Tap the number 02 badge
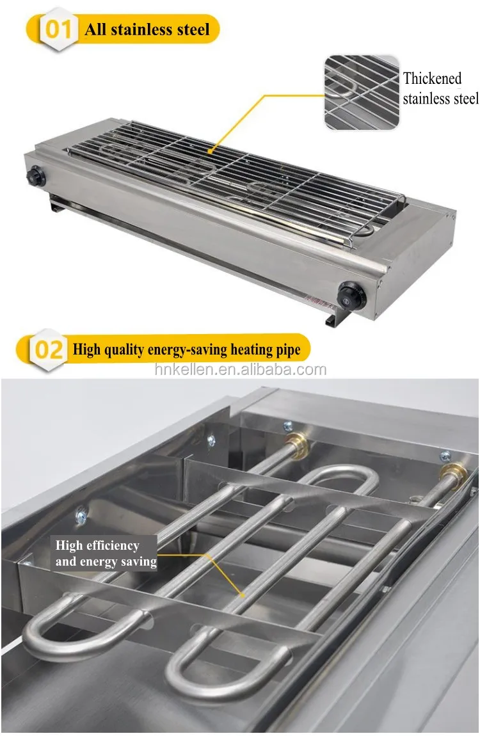click(x=49, y=349)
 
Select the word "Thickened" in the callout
click(x=432, y=79)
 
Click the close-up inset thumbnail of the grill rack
click(x=362, y=92)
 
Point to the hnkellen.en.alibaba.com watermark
click(x=240, y=370)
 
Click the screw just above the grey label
click(x=81, y=513)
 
